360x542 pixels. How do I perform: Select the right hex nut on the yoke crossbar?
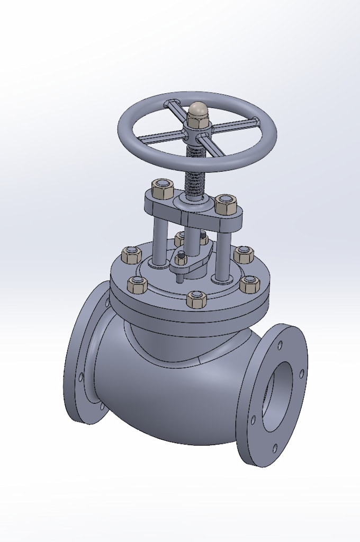pyautogui.click(x=225, y=203)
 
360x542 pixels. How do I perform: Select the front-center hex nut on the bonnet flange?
pyautogui.click(x=196, y=299)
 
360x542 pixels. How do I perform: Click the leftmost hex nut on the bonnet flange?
pyautogui.click(x=130, y=256)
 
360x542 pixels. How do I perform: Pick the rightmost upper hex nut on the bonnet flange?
pyautogui.click(x=243, y=254)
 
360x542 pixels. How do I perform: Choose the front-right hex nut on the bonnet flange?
pyautogui.click(x=249, y=284)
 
